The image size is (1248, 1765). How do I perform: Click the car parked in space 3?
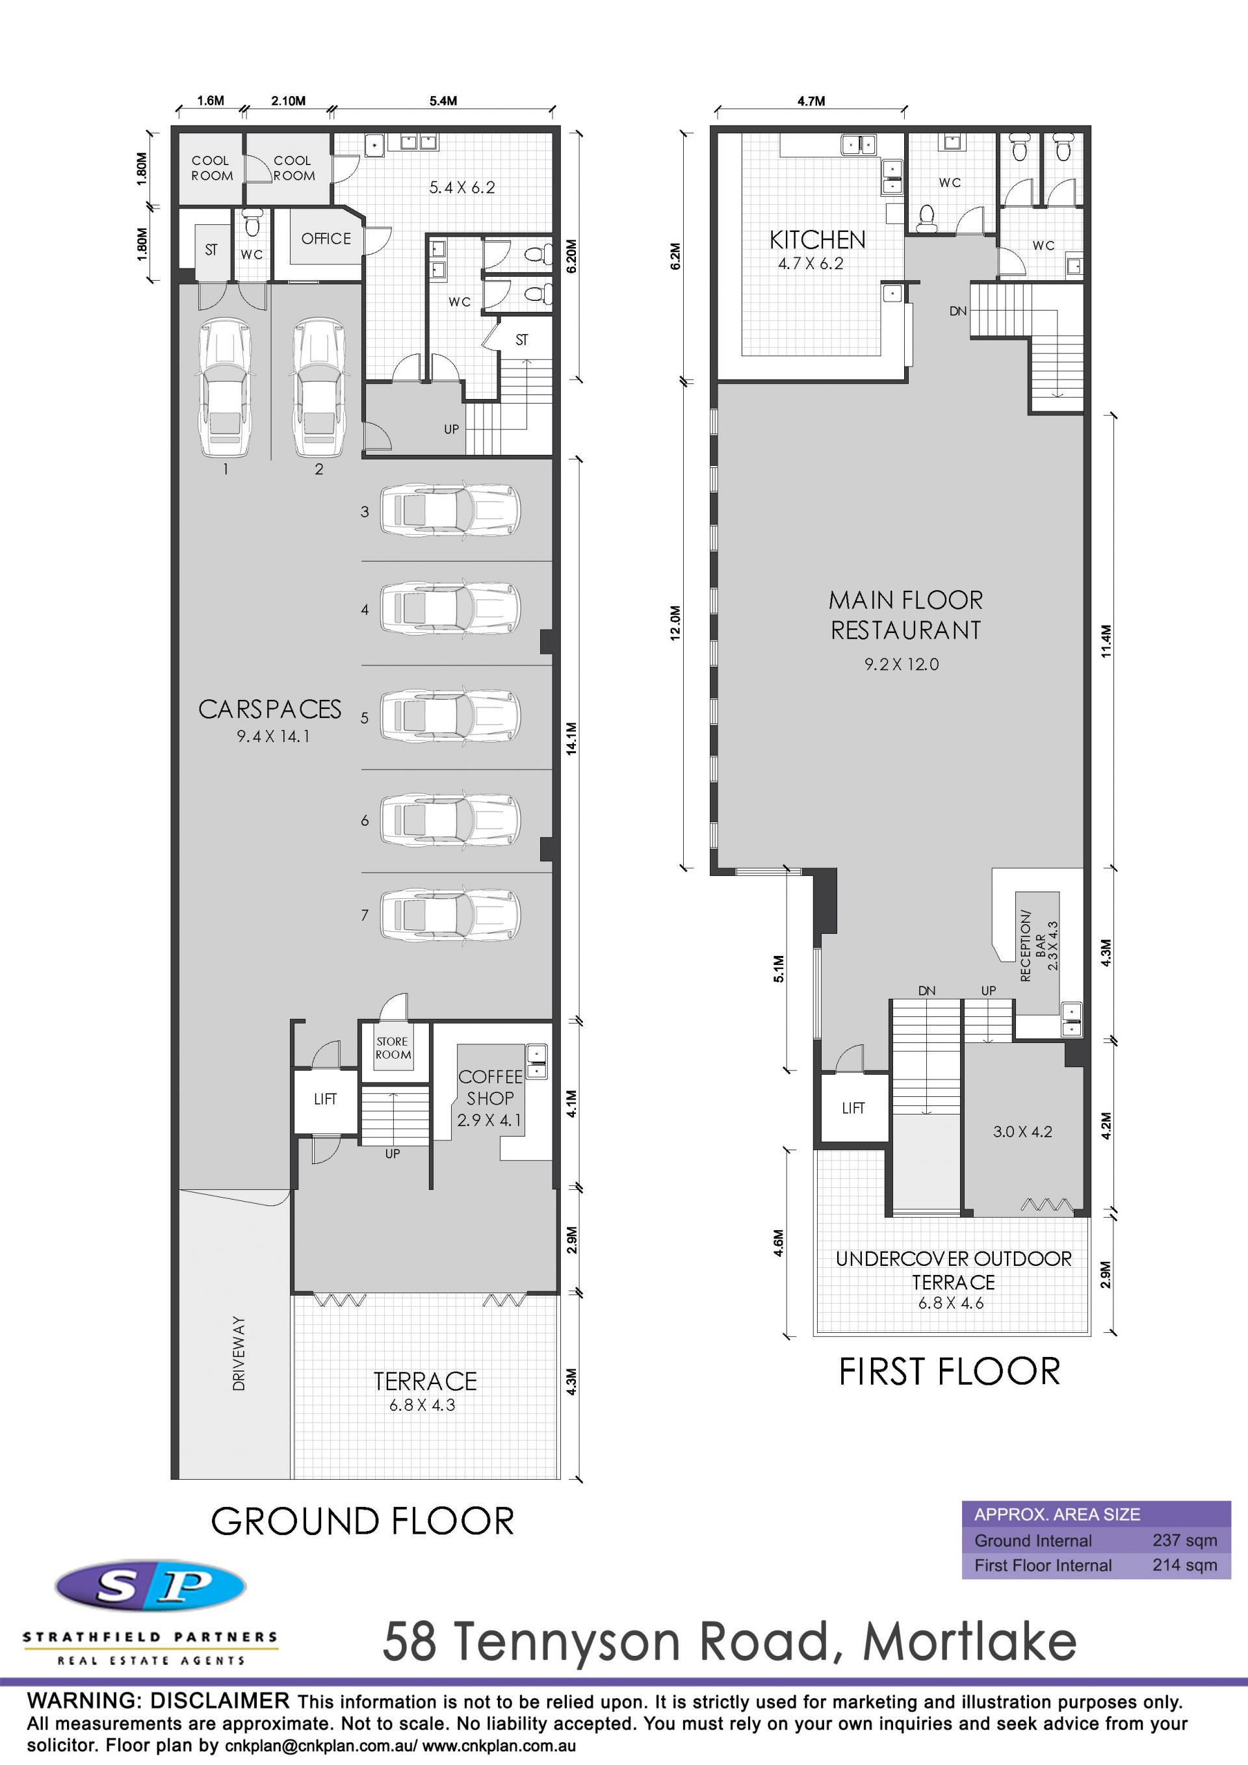click(x=450, y=509)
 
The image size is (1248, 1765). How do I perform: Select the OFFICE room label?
click(x=326, y=239)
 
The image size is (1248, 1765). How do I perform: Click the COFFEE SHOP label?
click(x=490, y=1088)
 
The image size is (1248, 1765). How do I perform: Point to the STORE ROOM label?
click(x=393, y=1048)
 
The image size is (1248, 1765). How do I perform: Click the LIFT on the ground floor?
click(x=325, y=1100)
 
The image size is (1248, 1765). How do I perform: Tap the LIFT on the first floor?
click(x=853, y=1108)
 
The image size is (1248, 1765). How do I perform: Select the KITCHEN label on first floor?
click(x=818, y=240)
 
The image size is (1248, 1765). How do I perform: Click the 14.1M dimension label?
click(x=571, y=738)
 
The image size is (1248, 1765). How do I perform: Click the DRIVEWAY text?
click(x=239, y=1353)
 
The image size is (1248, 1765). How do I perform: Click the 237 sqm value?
click(x=1184, y=1541)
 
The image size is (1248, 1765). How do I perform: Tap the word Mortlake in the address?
click(x=970, y=1642)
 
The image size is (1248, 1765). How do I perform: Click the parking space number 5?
click(x=365, y=718)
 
